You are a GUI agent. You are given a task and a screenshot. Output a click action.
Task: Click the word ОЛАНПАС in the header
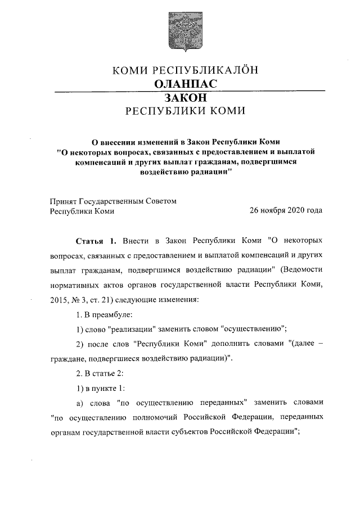pyautogui.click(x=179, y=84)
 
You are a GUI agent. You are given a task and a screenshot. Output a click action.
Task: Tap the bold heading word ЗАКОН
pyautogui.click(x=179, y=97)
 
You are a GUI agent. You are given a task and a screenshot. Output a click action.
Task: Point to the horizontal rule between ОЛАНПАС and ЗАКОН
pyautogui.click(x=189, y=91)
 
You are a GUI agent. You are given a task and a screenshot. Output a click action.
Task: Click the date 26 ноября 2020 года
pyautogui.click(x=286, y=211)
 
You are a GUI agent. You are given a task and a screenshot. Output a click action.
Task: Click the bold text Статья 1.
pyautogui.click(x=95, y=241)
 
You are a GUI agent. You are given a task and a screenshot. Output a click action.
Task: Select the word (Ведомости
pyautogui.click(x=301, y=269)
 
